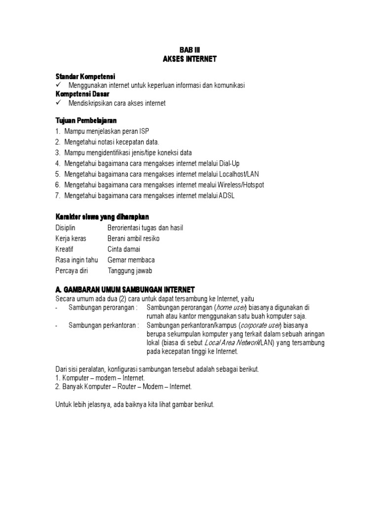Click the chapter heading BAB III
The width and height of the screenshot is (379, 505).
189,50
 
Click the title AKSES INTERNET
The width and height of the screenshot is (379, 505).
189,59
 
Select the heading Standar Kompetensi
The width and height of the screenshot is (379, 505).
85,76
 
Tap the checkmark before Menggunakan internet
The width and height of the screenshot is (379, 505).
58,85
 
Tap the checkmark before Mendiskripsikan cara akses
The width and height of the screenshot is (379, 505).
58,103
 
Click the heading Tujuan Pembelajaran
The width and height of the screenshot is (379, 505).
86,120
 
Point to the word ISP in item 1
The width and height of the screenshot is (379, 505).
143,131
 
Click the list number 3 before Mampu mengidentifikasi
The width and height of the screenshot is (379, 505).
57,152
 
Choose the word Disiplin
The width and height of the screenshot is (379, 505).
65,228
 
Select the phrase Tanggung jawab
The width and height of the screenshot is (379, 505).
130,271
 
